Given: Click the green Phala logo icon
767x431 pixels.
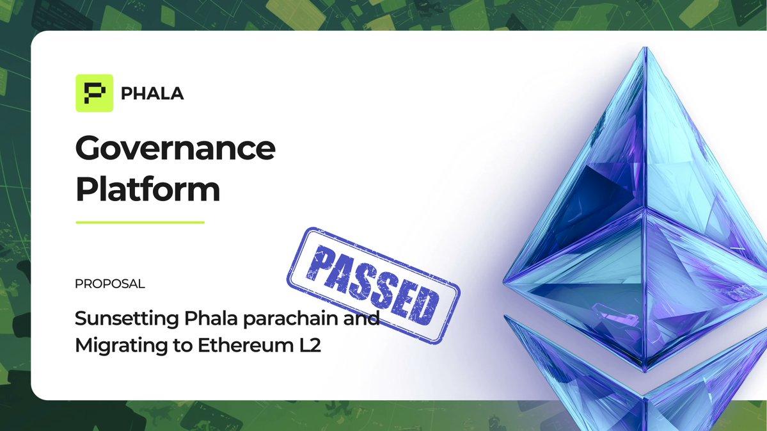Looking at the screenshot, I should click(94, 94).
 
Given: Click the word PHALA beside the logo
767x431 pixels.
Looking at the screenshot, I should click(152, 94).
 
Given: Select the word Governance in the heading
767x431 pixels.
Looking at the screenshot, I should click(175, 149).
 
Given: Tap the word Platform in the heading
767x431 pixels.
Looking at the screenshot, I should click(147, 190).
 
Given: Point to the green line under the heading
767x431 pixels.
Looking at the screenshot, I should click(139, 222).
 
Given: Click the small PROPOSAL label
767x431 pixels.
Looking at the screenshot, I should click(109, 283).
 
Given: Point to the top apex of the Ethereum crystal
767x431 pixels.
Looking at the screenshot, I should click(645, 49).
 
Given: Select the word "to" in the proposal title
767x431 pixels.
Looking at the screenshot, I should click(177, 346).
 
